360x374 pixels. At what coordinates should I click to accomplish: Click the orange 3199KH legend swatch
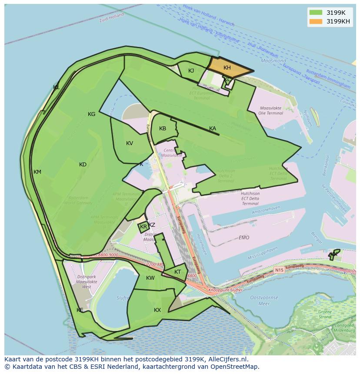pos(316,21)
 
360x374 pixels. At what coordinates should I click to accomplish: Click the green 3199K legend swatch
pos(316,13)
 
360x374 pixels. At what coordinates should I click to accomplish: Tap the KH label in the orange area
pos(227,68)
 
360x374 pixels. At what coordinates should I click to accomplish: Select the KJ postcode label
pos(191,71)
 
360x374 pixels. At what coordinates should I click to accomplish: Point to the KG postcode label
pos(91,114)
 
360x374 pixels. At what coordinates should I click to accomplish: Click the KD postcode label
pos(83,165)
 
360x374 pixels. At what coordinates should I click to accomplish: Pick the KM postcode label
pos(37,172)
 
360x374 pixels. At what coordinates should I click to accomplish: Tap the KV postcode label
pos(130,143)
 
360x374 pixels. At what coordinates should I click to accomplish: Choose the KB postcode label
pos(163,129)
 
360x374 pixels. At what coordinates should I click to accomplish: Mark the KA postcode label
pos(213,129)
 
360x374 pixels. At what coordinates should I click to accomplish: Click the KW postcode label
pos(150,278)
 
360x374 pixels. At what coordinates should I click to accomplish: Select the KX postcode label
pos(157,310)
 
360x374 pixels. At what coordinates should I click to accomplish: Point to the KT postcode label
pos(177,272)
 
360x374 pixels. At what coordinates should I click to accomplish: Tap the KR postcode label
pos(143,227)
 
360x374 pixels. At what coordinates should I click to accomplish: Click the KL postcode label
pos(56,87)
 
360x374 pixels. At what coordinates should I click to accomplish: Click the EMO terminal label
pos(244,238)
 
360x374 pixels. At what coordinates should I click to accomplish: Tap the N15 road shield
pos(279,270)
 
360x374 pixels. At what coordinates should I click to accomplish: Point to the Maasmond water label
pos(273,61)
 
